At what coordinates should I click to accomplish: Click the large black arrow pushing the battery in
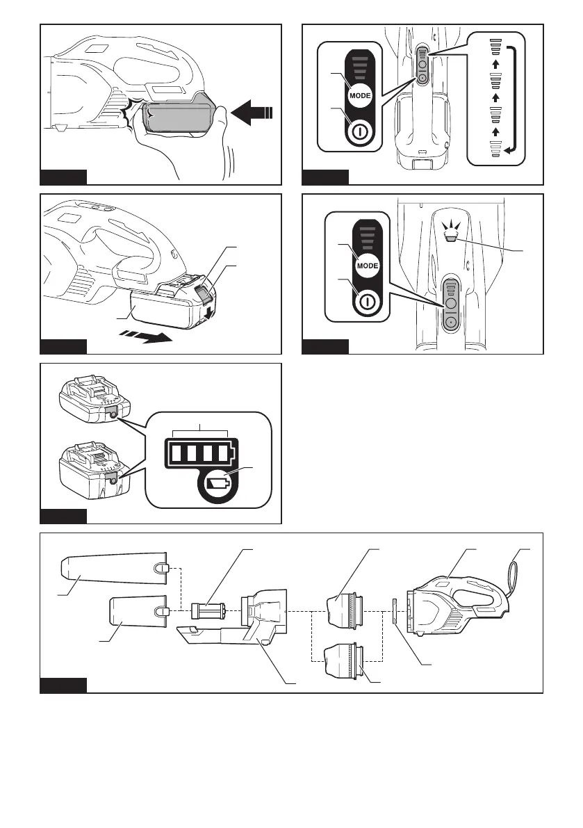tap(252, 113)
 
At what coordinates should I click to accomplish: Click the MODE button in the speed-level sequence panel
tap(360, 95)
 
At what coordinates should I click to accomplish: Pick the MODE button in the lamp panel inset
tap(368, 266)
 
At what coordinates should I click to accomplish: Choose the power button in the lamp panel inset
tap(368, 301)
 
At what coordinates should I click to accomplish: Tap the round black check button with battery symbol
tap(218, 484)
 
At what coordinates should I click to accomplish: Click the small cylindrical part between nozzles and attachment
tap(208, 611)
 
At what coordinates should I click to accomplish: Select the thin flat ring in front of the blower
tap(394, 611)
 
